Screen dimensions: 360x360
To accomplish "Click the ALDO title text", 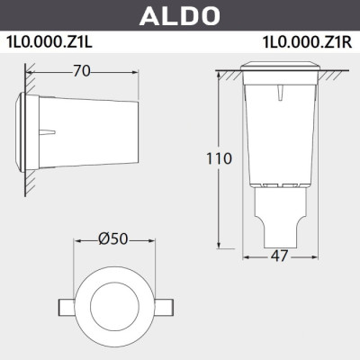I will [180, 15].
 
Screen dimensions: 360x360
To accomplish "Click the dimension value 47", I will [280, 257].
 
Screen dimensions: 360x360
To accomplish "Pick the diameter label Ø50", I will [113, 239].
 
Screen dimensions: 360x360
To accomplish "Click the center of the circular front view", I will [113, 305].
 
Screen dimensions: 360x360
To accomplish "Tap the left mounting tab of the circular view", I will [67, 306].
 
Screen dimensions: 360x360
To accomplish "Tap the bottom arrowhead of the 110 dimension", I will [218, 245].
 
